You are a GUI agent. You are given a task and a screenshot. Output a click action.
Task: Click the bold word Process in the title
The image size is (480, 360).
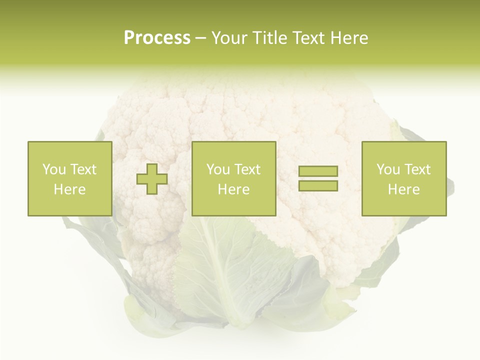click(x=157, y=38)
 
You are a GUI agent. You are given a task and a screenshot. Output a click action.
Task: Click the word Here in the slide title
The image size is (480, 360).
click(x=349, y=38)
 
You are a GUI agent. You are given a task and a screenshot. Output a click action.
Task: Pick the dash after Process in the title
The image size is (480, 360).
click(x=200, y=39)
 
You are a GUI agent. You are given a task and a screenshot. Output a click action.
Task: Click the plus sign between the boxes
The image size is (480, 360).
click(x=152, y=179)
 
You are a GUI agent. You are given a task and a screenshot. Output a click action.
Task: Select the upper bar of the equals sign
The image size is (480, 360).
click(x=318, y=171)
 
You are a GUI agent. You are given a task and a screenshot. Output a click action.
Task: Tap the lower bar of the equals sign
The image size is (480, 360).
click(x=318, y=185)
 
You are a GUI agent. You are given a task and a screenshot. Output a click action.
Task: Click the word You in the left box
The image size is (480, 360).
click(x=54, y=169)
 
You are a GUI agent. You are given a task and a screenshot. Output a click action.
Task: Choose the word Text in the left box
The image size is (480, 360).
click(x=83, y=169)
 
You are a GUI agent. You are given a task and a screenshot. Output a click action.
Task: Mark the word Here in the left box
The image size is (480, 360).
click(x=69, y=189)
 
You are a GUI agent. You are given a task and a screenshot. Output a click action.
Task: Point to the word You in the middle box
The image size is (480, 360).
click(x=218, y=169)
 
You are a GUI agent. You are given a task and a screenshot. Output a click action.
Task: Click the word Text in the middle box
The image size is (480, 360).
click(x=247, y=169)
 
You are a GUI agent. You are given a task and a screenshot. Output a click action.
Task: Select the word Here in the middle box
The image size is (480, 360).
click(x=233, y=189)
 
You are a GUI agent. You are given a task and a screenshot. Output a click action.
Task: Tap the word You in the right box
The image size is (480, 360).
click(x=388, y=169)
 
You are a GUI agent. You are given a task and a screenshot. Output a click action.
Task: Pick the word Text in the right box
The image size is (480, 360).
click(x=417, y=169)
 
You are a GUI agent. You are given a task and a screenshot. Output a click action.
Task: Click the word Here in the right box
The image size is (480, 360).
click(x=403, y=189)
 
